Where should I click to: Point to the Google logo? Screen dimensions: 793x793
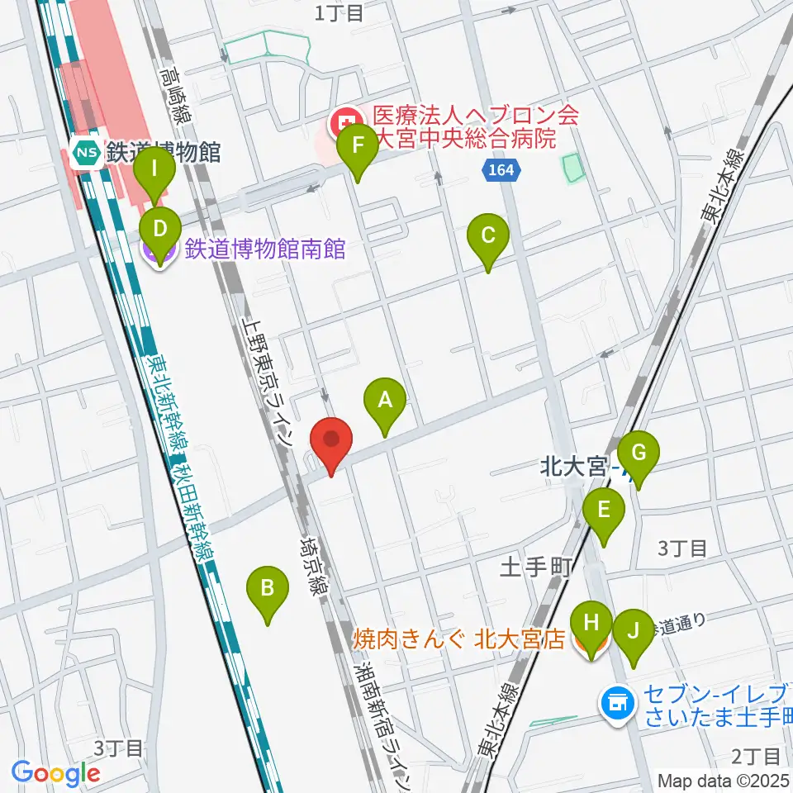55,773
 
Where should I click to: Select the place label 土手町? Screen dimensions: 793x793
537,567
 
